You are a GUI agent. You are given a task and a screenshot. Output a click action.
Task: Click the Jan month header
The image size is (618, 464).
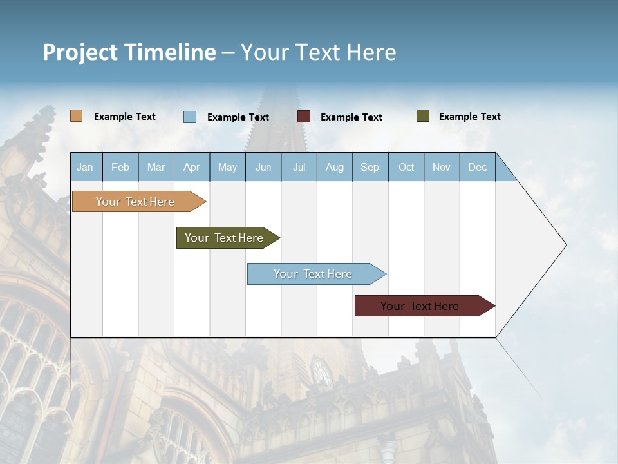[x=85, y=167]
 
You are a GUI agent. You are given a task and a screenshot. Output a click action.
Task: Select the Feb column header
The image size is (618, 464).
[x=120, y=167]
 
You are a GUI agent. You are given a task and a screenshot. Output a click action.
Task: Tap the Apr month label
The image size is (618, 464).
[x=191, y=167]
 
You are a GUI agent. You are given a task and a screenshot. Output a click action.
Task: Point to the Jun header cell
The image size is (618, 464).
[x=263, y=167]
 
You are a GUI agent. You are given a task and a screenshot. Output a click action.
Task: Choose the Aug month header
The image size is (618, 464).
[x=334, y=167]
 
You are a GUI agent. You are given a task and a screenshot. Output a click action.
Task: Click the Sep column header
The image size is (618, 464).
[x=370, y=167]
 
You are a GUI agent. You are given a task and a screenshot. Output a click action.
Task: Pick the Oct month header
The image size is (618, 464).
[x=406, y=167]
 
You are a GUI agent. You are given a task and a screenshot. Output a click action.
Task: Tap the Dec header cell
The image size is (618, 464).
[x=477, y=167]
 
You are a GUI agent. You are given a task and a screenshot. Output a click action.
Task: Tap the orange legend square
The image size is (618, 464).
[x=77, y=116]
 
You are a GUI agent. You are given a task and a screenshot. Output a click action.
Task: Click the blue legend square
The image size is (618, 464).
[x=190, y=117]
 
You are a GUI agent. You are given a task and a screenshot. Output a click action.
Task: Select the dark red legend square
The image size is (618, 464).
[x=304, y=117]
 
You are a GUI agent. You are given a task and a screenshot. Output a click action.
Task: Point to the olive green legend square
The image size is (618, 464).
[x=423, y=116]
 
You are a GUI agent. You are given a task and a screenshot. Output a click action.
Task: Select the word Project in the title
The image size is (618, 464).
[x=80, y=52]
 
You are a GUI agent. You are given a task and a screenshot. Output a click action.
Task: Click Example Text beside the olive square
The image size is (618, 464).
[x=469, y=117]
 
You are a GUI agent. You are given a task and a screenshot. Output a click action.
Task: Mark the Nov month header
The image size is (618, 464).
[x=442, y=167]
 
